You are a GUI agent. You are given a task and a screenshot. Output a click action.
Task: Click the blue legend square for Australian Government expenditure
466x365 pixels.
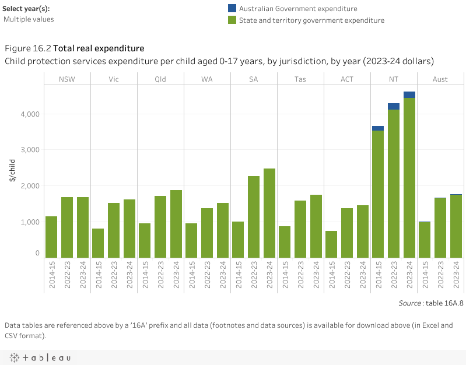point(232,9)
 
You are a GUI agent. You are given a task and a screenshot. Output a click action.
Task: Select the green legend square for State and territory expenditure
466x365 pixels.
point(232,20)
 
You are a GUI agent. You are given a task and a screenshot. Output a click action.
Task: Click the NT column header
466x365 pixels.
point(394,79)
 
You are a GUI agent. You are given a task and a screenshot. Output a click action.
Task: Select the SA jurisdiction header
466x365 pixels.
point(254,79)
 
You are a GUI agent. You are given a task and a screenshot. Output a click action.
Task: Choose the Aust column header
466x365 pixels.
point(440,79)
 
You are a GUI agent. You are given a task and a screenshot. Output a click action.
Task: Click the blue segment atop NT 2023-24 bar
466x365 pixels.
point(409,94)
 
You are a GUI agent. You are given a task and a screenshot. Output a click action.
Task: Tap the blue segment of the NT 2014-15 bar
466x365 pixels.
point(378,128)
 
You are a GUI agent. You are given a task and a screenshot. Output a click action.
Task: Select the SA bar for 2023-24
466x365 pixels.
point(269,213)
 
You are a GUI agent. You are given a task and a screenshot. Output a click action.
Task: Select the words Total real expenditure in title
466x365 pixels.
point(99,48)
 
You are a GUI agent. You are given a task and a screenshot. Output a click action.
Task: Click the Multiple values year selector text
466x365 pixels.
point(29,19)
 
